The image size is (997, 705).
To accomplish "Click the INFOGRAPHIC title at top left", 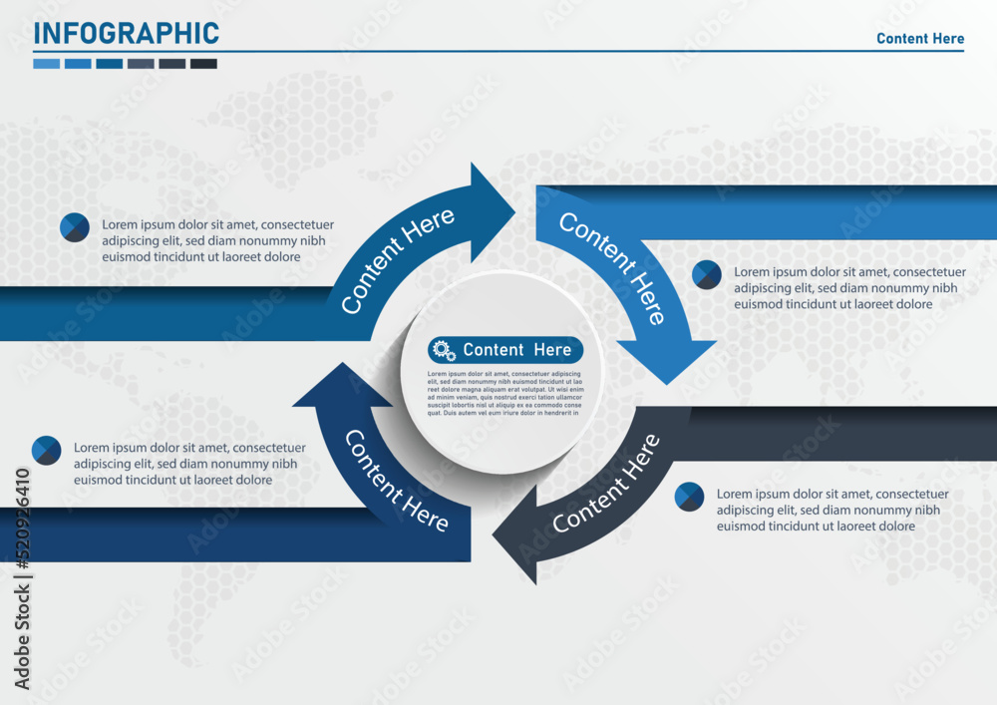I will coord(126,33).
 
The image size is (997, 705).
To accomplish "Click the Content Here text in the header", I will coord(920,39).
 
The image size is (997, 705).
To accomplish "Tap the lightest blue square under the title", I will coord(46,64).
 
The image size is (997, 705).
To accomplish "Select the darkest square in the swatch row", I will coord(203,64).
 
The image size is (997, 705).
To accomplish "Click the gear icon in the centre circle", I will coord(444,350).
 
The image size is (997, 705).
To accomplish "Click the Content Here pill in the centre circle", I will coord(505,350).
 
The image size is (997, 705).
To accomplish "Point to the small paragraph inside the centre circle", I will coord(505,392).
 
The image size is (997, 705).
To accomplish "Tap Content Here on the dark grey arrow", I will coord(606,483).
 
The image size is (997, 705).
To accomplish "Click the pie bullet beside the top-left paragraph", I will coord(75,227).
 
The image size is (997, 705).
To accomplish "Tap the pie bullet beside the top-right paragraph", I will coord(707,274).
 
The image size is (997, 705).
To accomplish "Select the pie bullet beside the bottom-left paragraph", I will coord(47,451).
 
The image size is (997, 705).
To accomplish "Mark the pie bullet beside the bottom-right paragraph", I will coord(689,497).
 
